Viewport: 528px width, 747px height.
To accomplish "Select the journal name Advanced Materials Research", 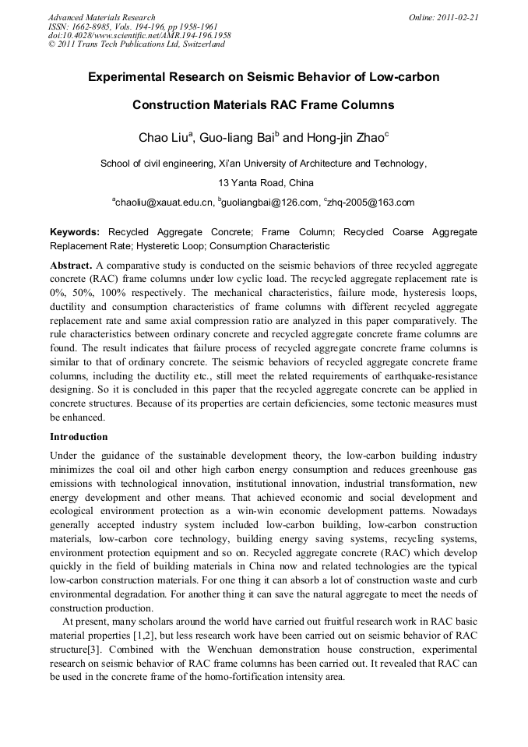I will coord(102,16).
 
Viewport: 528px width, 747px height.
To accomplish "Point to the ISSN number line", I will coord(132,26).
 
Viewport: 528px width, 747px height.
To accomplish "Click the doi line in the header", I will coord(139,35).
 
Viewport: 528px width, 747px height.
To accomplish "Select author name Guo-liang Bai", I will coord(237,138).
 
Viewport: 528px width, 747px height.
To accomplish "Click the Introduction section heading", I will coord(79,436).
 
